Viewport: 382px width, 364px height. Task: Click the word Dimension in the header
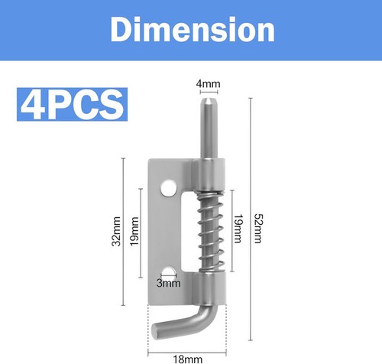(x=193, y=29)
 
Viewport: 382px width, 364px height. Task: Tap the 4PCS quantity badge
(x=72, y=104)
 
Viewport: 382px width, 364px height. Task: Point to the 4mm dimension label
(x=208, y=83)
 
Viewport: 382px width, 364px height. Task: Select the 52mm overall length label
(x=258, y=229)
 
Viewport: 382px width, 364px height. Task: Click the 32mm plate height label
(x=116, y=231)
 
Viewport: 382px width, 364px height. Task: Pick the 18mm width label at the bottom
(x=188, y=359)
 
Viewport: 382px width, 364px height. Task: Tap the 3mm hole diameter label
(x=169, y=283)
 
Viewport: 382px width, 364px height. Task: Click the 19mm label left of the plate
(x=134, y=231)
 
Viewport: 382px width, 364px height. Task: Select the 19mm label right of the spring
(x=238, y=229)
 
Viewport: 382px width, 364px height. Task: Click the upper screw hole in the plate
(x=169, y=188)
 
